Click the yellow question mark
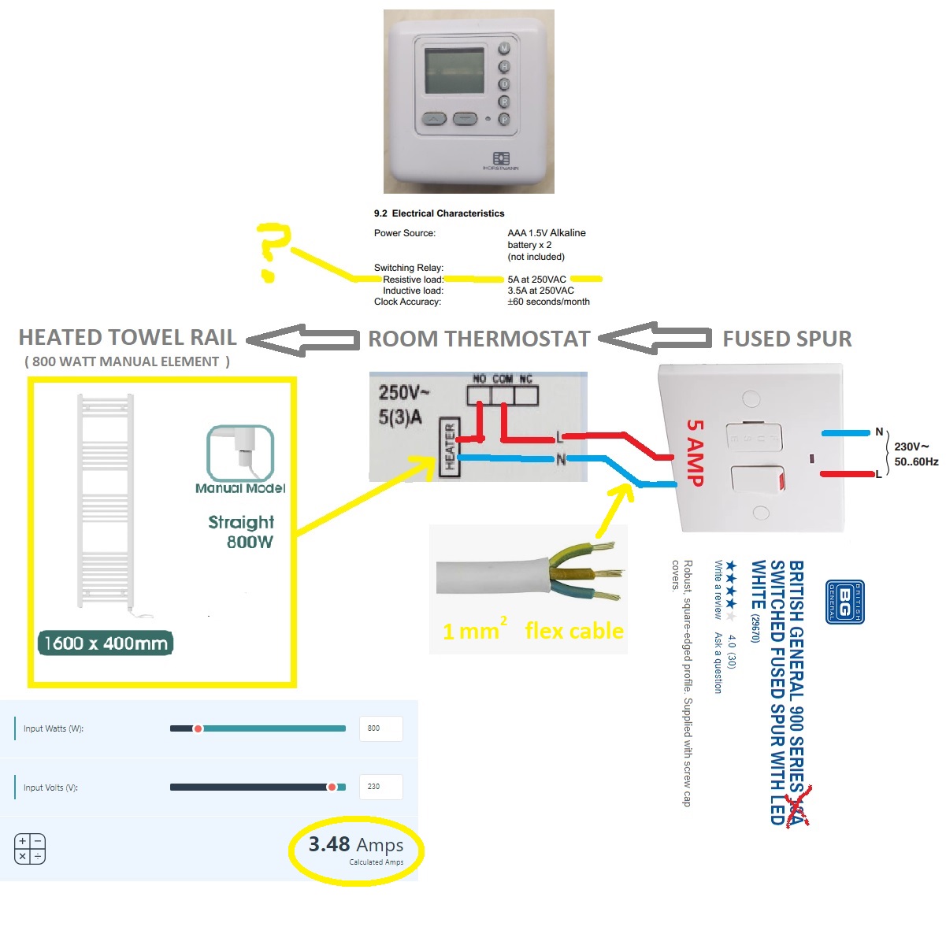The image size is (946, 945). tap(273, 250)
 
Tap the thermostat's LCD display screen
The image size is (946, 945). tap(454, 72)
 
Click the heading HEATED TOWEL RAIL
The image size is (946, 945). tap(128, 338)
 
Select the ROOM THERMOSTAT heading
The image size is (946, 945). tap(479, 339)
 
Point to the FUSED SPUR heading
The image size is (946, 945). tap(787, 339)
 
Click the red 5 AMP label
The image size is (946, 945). tap(695, 451)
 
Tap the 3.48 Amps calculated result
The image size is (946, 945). tap(356, 846)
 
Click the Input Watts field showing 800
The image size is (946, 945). tap(380, 728)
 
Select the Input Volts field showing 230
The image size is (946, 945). tap(380, 787)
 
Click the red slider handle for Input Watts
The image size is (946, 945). tap(198, 728)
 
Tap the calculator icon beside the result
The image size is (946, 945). tap(30, 849)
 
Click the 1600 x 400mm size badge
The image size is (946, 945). tap(106, 643)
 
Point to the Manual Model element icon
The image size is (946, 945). tap(240, 453)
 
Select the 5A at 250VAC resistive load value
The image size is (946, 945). tap(536, 280)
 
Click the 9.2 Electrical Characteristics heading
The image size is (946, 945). tap(439, 213)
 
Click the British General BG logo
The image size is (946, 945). tap(845, 602)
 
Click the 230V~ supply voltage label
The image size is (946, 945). tap(911, 447)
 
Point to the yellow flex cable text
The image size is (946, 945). tap(574, 631)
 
